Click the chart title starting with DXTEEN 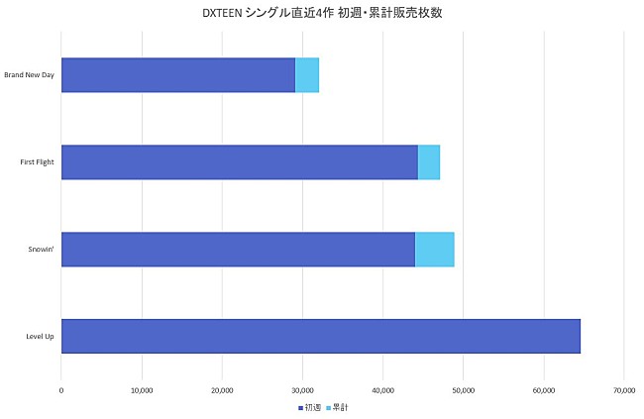coord(321,13)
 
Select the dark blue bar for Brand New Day coord(178,75)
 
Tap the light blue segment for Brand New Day coord(307,75)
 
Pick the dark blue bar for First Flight coord(240,162)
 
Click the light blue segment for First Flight coord(429,162)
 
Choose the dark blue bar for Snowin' coord(238,250)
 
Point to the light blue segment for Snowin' coord(434,250)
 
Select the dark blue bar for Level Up coord(320,337)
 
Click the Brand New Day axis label coord(29,75)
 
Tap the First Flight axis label coord(37,162)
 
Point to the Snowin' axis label coord(43,250)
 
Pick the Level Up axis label coord(40,337)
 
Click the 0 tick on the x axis coord(61,389)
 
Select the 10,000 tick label coord(142,389)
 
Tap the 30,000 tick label coord(302,389)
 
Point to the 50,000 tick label coord(463,389)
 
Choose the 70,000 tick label coord(623,389)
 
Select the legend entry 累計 coord(339,407)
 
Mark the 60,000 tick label coord(543,389)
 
